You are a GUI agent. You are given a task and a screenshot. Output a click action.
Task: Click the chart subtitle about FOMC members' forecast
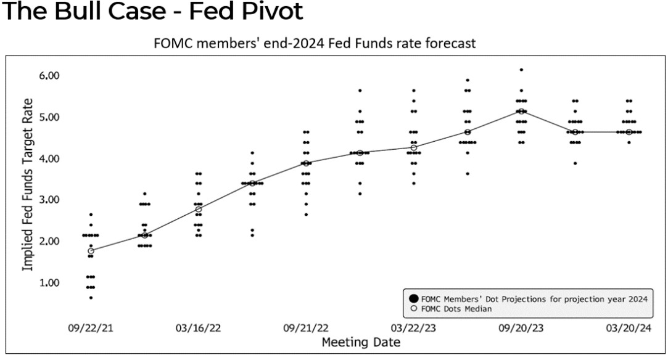pyautogui.click(x=315, y=44)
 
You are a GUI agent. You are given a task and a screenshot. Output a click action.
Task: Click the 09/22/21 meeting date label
pyautogui.click(x=91, y=327)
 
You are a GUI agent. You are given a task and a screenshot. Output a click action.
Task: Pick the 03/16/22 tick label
pyautogui.click(x=198, y=327)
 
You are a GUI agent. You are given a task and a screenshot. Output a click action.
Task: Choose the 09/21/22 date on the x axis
pyautogui.click(x=306, y=327)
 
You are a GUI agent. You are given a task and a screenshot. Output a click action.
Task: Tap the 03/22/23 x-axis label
pyautogui.click(x=413, y=327)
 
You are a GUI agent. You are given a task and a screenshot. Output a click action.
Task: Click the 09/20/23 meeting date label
pyautogui.click(x=521, y=327)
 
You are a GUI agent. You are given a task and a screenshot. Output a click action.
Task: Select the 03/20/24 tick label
pyautogui.click(x=629, y=327)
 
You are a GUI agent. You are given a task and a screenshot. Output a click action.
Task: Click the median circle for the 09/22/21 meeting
pyautogui.click(x=91, y=251)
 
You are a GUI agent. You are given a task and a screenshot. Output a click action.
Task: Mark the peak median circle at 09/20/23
pyautogui.click(x=521, y=111)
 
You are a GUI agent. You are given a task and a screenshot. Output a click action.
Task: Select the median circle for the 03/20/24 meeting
pyautogui.click(x=629, y=132)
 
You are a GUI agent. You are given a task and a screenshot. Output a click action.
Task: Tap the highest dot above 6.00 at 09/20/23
pyautogui.click(x=521, y=70)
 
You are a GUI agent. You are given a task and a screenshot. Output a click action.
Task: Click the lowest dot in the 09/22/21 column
pyautogui.click(x=91, y=298)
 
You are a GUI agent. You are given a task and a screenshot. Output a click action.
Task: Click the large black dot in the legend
pyautogui.click(x=413, y=299)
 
